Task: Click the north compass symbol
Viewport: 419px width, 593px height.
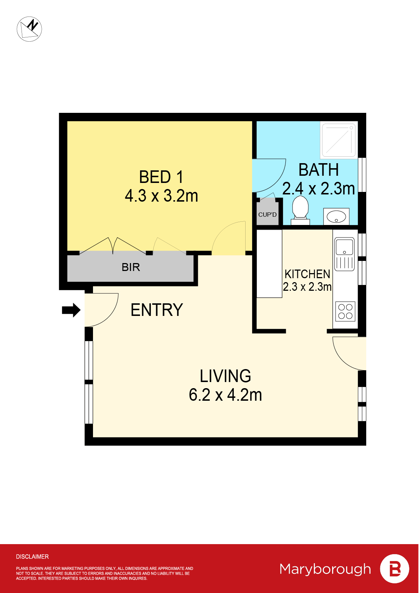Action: point(29,29)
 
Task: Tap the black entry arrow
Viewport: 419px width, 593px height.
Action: point(71,310)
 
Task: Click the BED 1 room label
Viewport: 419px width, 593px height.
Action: point(161,177)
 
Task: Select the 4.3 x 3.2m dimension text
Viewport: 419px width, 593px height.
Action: point(161,196)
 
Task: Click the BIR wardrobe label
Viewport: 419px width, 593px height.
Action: point(131,267)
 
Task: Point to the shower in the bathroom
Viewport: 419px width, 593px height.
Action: point(339,140)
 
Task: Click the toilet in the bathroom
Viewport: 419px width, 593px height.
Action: point(301,208)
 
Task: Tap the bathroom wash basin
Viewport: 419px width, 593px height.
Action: point(336,216)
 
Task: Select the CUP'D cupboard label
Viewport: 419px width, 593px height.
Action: point(267,215)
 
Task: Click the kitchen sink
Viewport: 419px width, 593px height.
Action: point(344,247)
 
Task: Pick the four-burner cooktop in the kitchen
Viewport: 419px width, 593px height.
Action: point(345,311)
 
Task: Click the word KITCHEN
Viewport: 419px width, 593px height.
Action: point(307,274)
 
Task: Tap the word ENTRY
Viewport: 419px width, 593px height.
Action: point(157,310)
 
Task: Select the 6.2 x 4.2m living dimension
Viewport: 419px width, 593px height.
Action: point(225,395)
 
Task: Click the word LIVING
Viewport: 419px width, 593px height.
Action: point(225,376)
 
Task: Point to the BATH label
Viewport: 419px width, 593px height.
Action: point(318,170)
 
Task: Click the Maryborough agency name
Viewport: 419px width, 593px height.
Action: point(325,569)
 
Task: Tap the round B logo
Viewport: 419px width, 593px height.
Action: point(395,569)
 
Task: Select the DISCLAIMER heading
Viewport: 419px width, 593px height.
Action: point(32,557)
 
